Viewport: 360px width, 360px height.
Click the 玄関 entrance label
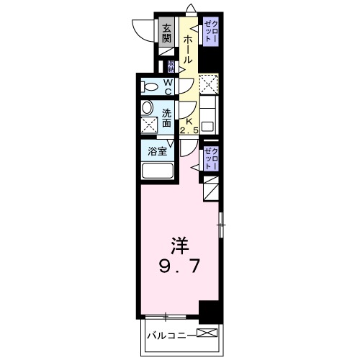(166, 33)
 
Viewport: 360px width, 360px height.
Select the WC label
(167, 86)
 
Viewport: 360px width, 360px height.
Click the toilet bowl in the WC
(150, 87)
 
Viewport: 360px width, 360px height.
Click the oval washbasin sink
(148, 109)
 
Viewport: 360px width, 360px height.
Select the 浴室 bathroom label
(158, 151)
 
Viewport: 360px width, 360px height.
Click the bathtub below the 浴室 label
(158, 172)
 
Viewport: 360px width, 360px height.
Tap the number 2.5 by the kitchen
(190, 131)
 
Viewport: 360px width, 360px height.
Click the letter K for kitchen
(189, 122)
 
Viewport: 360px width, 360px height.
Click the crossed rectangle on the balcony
(206, 333)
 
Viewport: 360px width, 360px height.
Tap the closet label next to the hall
(210, 32)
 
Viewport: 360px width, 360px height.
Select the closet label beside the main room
(210, 157)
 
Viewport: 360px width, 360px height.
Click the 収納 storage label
(171, 67)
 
